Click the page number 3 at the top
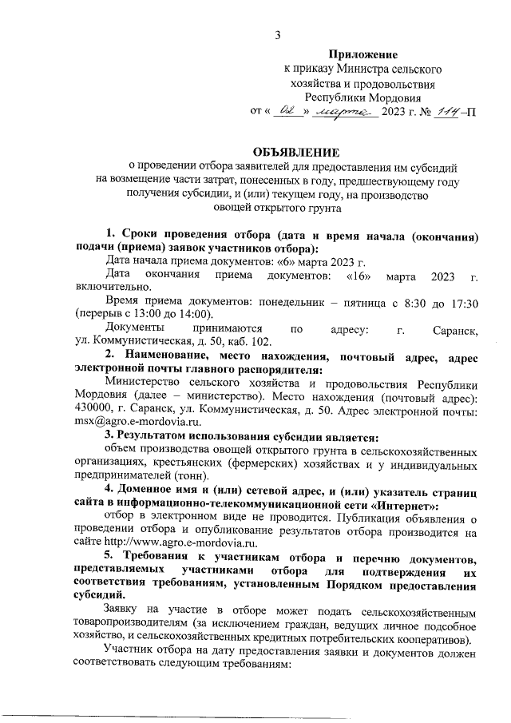(278, 34)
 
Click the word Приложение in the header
(363, 54)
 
